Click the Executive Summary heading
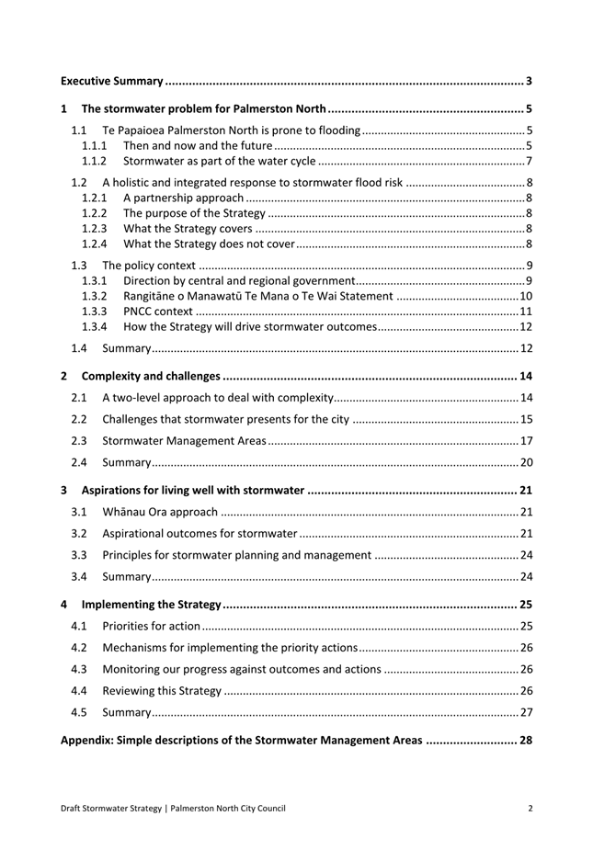click(x=112, y=82)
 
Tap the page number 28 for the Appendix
click(x=526, y=740)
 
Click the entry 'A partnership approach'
click(x=184, y=198)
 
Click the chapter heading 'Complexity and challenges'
click(x=151, y=376)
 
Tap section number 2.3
click(x=80, y=440)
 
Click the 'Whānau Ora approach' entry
click(x=160, y=512)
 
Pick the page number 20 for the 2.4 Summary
click(x=526, y=462)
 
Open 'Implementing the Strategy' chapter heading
click(x=152, y=605)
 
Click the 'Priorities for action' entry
click(x=151, y=627)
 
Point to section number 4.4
click(x=80, y=691)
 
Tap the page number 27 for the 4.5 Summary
click(x=526, y=712)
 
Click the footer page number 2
click(x=530, y=809)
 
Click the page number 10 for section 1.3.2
click(x=526, y=296)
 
